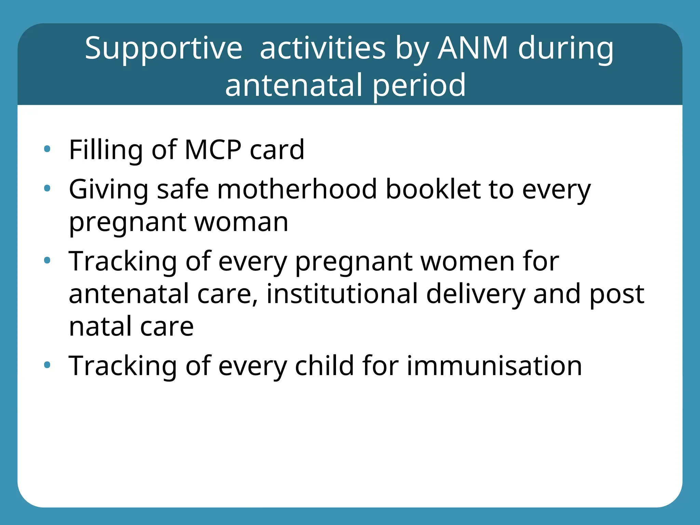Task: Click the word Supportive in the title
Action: tap(163, 49)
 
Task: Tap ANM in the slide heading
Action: tap(473, 48)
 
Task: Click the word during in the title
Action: tap(566, 49)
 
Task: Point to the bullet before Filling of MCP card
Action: tap(47, 149)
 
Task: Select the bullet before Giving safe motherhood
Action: tap(47, 188)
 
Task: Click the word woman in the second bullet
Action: tap(241, 222)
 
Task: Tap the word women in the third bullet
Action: tap(467, 261)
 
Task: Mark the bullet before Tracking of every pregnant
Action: tap(47, 261)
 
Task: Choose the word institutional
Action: tap(342, 294)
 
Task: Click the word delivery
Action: tap(475, 294)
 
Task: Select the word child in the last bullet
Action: tap(324, 366)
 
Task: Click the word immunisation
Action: tap(494, 366)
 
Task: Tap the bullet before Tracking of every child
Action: tap(47, 365)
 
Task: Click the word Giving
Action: tap(109, 190)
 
